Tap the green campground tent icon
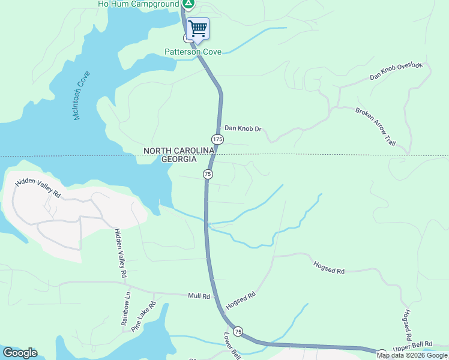(188, 4)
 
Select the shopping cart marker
(197, 29)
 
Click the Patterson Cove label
(193, 52)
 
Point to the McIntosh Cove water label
(81, 95)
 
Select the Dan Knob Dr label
(244, 128)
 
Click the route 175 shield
(217, 139)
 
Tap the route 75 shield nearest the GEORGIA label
(208, 174)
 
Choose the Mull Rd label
(199, 296)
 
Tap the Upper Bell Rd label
(412, 346)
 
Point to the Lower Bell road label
(232, 346)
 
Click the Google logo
(20, 353)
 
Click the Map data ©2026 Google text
(412, 355)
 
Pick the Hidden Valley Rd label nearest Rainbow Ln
(120, 253)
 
